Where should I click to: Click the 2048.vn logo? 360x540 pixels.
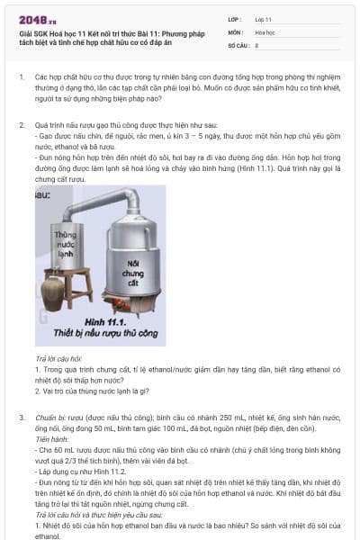click(38, 18)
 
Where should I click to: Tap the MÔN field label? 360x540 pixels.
click(236, 31)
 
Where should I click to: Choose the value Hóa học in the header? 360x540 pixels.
click(265, 31)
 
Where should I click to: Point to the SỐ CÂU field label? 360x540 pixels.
click(238, 44)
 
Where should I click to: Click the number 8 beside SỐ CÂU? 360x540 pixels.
click(257, 44)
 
